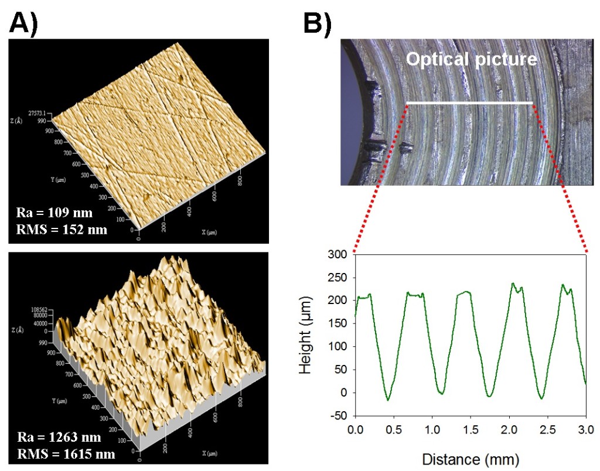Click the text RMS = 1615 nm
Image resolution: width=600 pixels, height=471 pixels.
(x=66, y=453)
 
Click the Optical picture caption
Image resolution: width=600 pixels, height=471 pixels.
(x=471, y=59)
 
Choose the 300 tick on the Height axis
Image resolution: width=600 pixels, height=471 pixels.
(x=341, y=254)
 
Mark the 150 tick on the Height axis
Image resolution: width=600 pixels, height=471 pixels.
(x=341, y=323)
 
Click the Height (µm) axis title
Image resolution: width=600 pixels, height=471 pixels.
(x=310, y=335)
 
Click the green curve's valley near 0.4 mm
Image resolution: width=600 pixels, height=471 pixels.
(x=387, y=400)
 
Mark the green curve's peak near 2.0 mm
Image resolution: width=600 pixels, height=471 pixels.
(x=513, y=284)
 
